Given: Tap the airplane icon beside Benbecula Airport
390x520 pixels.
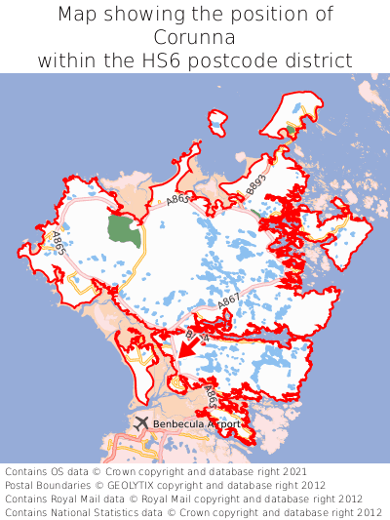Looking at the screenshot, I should [142, 423].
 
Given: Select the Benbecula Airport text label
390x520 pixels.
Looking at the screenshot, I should [196, 424].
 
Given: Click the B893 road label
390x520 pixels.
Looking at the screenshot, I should [255, 185].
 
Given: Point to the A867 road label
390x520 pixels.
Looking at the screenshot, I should [228, 305].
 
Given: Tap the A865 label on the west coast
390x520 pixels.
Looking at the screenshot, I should [59, 243].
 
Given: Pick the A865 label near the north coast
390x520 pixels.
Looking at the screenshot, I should [177, 199].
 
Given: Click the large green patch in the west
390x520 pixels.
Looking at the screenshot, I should [123, 231].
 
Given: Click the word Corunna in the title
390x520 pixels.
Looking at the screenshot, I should [195, 37].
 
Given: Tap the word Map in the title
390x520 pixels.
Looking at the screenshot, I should [78, 15].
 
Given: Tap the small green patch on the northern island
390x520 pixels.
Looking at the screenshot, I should [290, 129].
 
